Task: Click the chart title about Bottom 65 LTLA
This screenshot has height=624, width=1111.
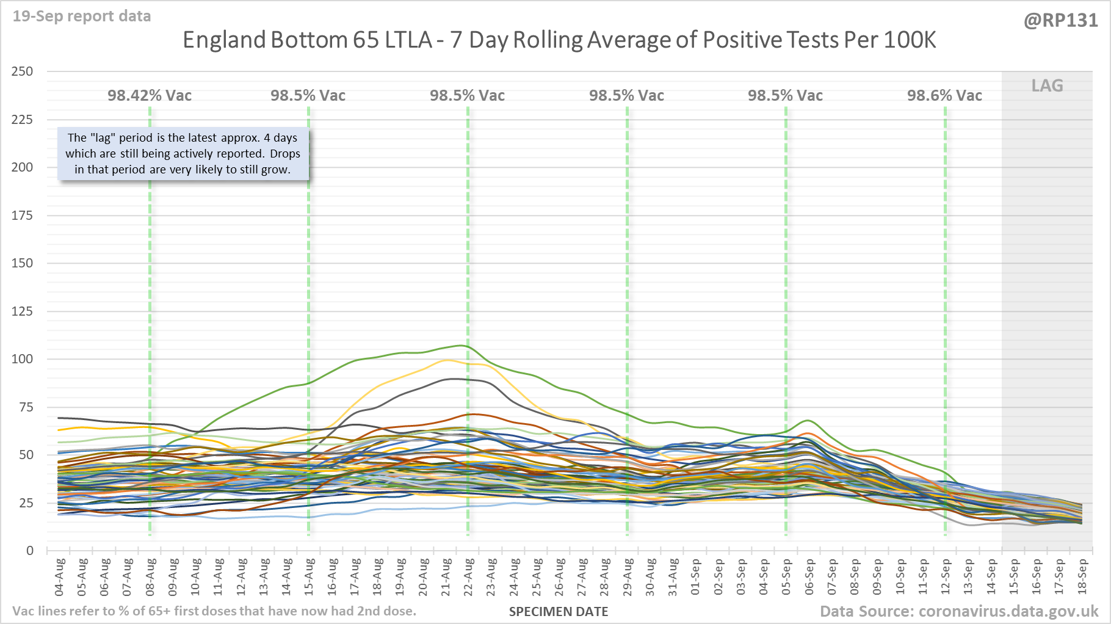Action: tap(559, 40)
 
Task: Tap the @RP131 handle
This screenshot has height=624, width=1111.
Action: tap(1060, 21)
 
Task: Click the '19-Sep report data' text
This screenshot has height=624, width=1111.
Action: tap(82, 16)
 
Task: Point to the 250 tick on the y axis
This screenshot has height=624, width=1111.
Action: tap(23, 71)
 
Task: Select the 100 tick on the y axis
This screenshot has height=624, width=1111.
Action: tap(23, 359)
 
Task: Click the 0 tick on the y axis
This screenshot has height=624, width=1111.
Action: tap(29, 551)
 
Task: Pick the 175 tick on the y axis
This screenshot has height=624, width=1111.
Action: tap(23, 215)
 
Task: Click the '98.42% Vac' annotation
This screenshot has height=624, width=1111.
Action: tap(150, 96)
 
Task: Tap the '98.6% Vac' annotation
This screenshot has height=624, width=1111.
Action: tap(944, 96)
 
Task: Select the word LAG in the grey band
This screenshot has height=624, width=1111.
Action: tap(1047, 86)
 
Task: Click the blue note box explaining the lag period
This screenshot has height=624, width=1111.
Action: tap(183, 154)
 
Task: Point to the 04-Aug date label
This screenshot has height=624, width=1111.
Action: tap(60, 577)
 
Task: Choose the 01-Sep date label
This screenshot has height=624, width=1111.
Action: tap(696, 577)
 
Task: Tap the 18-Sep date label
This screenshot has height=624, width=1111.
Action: tap(1082, 577)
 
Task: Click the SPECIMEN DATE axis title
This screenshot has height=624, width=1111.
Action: tap(559, 612)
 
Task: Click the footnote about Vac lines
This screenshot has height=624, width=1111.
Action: tap(214, 611)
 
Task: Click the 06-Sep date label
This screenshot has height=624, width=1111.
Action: tap(809, 577)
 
